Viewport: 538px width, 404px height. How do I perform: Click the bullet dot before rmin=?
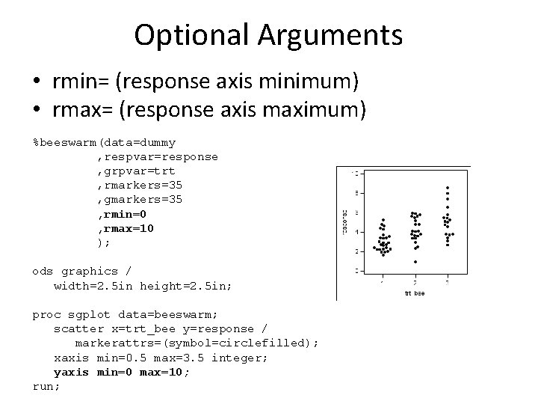pyautogui.click(x=37, y=79)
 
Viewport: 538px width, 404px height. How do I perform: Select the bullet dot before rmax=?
pyautogui.click(x=37, y=111)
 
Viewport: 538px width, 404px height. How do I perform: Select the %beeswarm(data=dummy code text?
pyautogui.click(x=104, y=142)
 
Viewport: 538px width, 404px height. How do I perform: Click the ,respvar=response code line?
pyautogui.click(x=158, y=156)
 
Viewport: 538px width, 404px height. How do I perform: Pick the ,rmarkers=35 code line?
pyautogui.click(x=140, y=185)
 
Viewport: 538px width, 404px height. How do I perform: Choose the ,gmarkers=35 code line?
pyautogui.click(x=140, y=199)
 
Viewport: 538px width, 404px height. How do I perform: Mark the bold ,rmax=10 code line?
pyautogui.click(x=126, y=227)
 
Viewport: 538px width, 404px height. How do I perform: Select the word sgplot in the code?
pyautogui.click(x=93, y=314)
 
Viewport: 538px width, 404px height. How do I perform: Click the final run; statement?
pyautogui.click(x=46, y=386)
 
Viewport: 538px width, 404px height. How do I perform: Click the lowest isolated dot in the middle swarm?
pyautogui.click(x=415, y=262)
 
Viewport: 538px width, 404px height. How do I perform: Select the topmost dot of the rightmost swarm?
pyautogui.click(x=448, y=187)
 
